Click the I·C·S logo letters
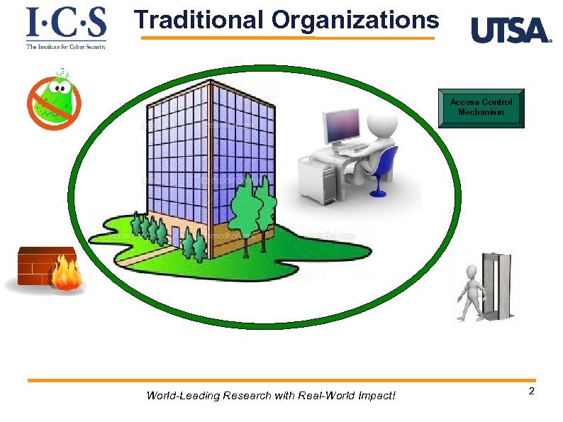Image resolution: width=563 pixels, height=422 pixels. pyautogui.click(x=66, y=23)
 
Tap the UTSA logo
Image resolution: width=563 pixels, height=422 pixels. pyautogui.click(x=511, y=30)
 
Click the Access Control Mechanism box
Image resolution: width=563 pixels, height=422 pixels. pyautogui.click(x=481, y=108)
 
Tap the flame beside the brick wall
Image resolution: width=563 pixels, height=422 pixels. pyautogui.click(x=67, y=274)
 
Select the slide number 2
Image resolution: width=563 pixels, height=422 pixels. pyautogui.click(x=531, y=392)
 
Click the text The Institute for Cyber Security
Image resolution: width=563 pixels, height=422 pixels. pyautogui.click(x=66, y=46)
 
